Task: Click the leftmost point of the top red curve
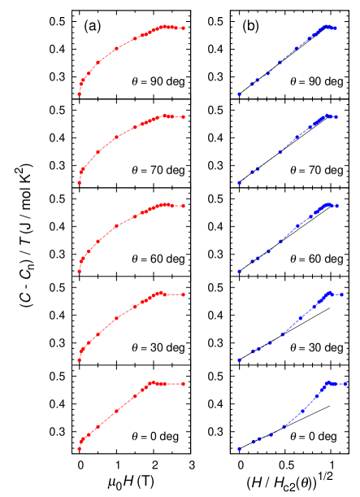pos(79,94)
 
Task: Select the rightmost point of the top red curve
pos(183,28)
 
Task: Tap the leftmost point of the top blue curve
pos(239,94)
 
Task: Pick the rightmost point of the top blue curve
pos(335,28)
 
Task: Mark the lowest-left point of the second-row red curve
pos(79,183)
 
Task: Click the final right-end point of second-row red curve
pos(183,117)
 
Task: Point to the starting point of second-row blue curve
pos(239,183)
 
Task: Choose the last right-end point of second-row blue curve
pos(335,117)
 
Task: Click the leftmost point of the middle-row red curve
pos(79,272)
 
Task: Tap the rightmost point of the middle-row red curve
pos(183,206)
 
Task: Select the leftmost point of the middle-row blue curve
pos(239,272)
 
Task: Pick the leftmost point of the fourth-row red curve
pos(79,360)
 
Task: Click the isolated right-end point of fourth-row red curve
pos(183,294)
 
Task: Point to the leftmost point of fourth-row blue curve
pos(239,360)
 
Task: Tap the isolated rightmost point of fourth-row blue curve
pos(342,294)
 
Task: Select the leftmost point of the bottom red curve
pos(79,448)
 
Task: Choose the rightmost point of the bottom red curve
pos(183,384)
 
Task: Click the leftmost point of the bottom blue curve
pos(239,448)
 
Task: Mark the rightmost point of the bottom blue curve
pos(345,384)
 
